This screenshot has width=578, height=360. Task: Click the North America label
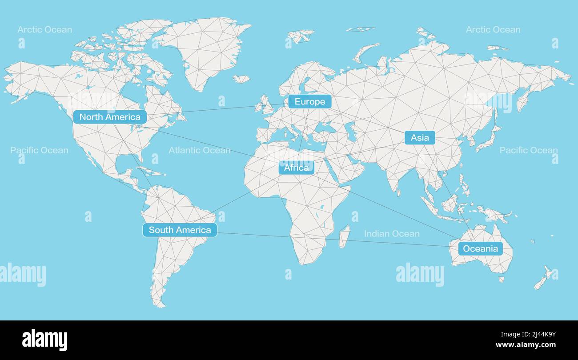(110, 117)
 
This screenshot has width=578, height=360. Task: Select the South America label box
(180, 230)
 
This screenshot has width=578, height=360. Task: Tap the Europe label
(310, 102)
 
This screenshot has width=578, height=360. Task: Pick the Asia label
(420, 138)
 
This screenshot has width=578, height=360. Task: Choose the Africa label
(296, 168)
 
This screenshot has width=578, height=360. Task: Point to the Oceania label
(480, 248)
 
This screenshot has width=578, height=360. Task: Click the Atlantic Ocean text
(199, 150)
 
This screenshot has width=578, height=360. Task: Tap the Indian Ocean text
(391, 234)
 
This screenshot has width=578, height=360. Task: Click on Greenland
(207, 49)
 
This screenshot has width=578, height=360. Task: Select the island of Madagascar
(344, 236)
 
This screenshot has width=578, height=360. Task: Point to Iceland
(241, 79)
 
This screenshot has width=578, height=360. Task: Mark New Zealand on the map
(543, 278)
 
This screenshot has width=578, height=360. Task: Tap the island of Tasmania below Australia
(501, 280)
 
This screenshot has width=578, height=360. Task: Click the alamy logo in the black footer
(44, 340)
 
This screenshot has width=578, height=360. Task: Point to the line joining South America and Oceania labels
(333, 240)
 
